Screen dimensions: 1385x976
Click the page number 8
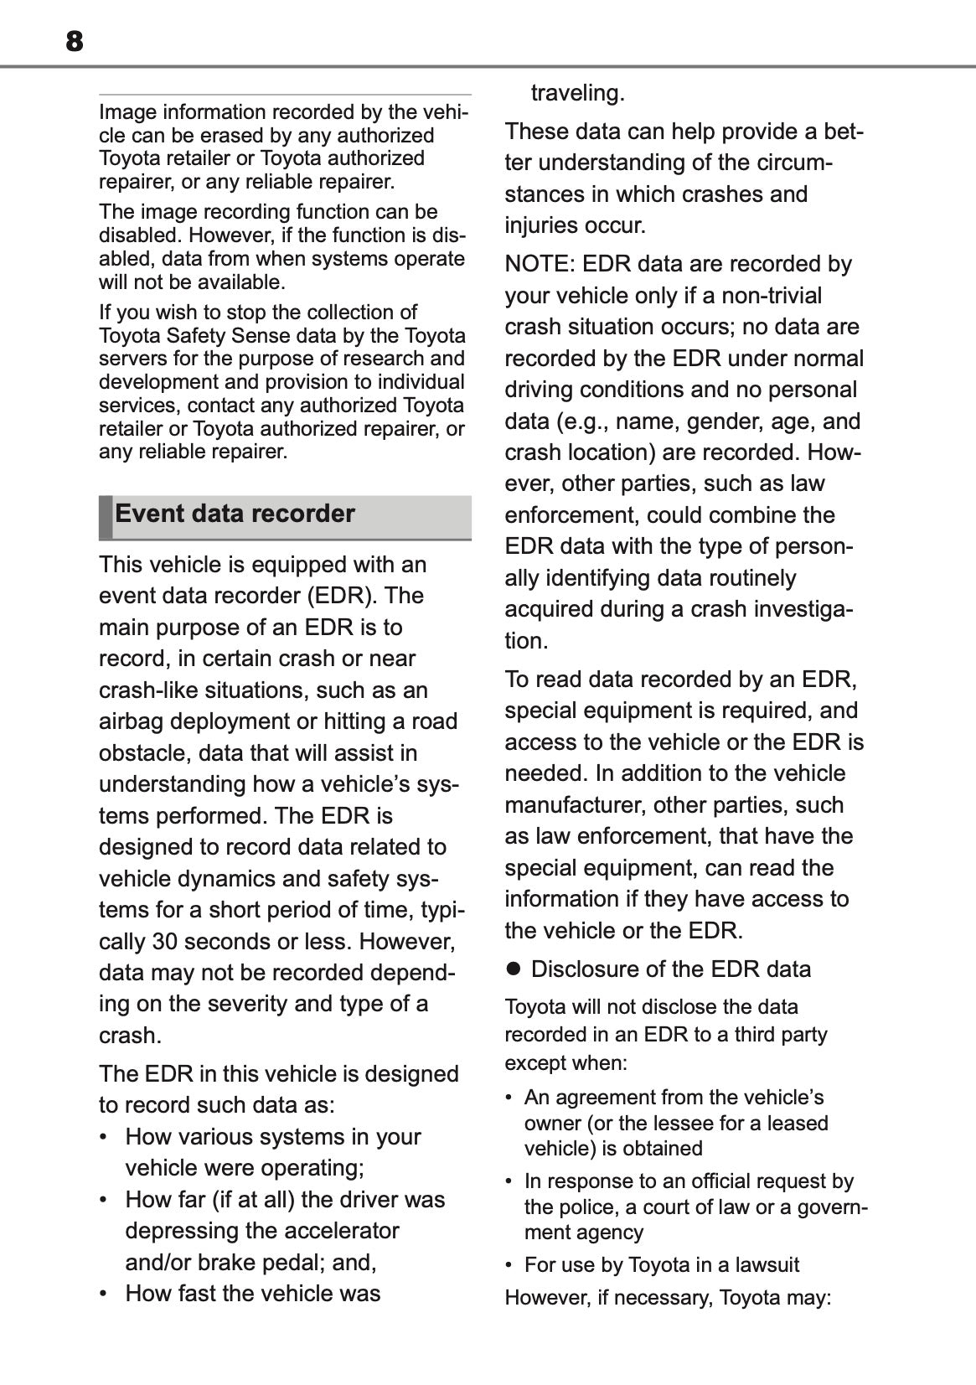point(75,41)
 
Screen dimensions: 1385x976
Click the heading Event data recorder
point(235,514)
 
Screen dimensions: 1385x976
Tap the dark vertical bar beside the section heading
point(105,517)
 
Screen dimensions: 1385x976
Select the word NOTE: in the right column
point(540,264)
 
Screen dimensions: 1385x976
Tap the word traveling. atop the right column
point(578,93)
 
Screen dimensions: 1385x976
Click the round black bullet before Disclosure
point(514,969)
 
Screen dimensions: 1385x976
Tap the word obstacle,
point(145,753)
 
